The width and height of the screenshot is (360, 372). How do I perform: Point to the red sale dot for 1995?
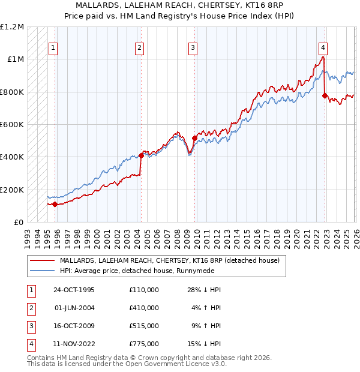(55, 204)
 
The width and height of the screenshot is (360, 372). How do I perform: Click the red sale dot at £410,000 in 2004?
(140, 155)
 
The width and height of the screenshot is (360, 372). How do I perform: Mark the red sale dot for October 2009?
(194, 138)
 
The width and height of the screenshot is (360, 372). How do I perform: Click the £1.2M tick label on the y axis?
(12, 27)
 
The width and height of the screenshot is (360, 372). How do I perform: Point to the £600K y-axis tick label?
(12, 125)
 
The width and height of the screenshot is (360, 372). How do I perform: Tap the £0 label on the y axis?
(18, 223)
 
